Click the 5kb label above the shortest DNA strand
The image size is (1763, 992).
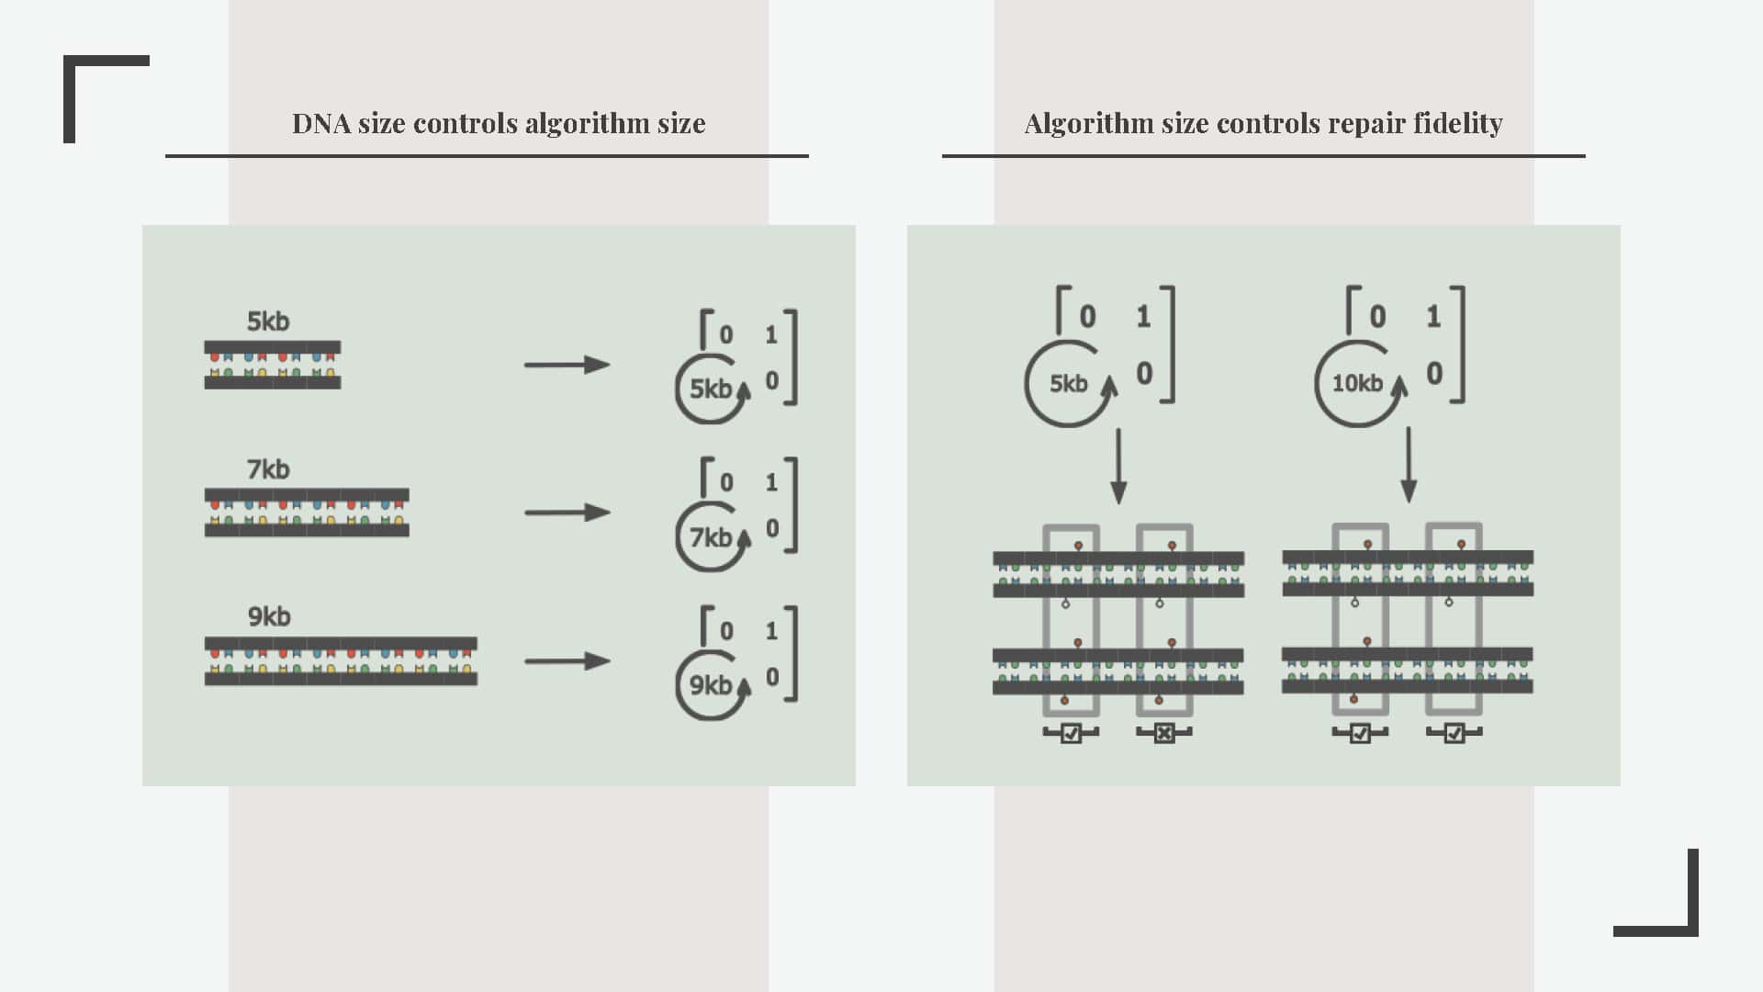[268, 321]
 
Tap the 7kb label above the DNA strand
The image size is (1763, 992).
[268, 469]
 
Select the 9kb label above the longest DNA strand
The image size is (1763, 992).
[269, 616]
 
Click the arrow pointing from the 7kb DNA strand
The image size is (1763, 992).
[567, 513]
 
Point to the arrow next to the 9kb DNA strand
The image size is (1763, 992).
[567, 660]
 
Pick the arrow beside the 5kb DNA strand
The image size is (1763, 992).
[567, 365]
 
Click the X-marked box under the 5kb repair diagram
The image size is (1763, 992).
[1164, 733]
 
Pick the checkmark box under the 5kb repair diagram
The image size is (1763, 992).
[1071, 733]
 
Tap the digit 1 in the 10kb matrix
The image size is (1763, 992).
[1433, 317]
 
